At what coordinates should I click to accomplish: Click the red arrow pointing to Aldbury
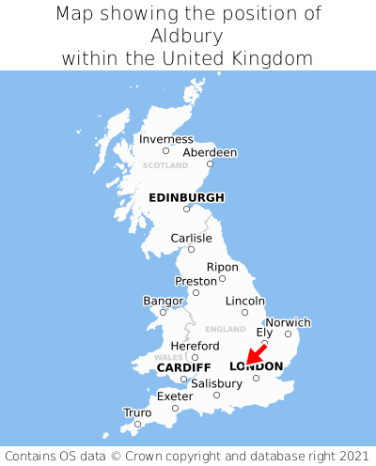253,355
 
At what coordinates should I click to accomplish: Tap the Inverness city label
165,139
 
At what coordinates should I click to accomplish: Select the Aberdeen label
210,152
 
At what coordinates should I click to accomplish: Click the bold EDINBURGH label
186,197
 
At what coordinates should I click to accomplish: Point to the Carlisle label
191,239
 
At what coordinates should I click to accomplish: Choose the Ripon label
222,267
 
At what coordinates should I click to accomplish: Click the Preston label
196,281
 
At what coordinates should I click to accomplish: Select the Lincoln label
245,301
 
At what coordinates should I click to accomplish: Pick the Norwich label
288,322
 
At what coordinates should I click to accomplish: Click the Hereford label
195,346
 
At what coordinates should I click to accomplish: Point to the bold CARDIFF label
183,366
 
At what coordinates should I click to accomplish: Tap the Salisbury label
216,383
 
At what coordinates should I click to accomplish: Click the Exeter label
175,396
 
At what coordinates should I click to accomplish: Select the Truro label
137,412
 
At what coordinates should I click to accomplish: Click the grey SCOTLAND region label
165,165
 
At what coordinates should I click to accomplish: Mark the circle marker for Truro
137,424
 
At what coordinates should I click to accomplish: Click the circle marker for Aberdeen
211,163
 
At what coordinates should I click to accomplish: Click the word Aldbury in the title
186,36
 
